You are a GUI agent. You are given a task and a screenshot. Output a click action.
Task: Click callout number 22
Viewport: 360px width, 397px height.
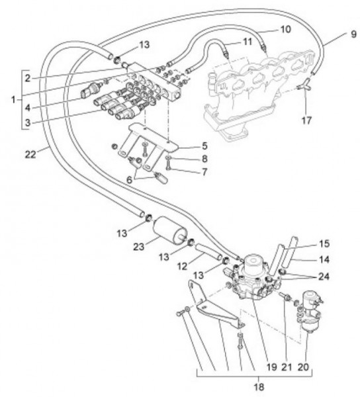point(30,154)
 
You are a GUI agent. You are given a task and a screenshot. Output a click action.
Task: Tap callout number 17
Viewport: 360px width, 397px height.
point(306,120)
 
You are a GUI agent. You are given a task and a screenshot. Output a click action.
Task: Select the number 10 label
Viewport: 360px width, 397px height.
point(285,29)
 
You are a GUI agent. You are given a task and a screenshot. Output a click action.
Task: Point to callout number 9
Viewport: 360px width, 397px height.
point(353,34)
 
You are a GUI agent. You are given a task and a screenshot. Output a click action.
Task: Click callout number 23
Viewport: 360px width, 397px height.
point(138,246)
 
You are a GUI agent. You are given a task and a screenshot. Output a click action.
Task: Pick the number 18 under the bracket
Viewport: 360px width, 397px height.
point(259,387)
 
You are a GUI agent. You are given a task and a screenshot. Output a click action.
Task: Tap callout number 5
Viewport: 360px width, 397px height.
point(204,146)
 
